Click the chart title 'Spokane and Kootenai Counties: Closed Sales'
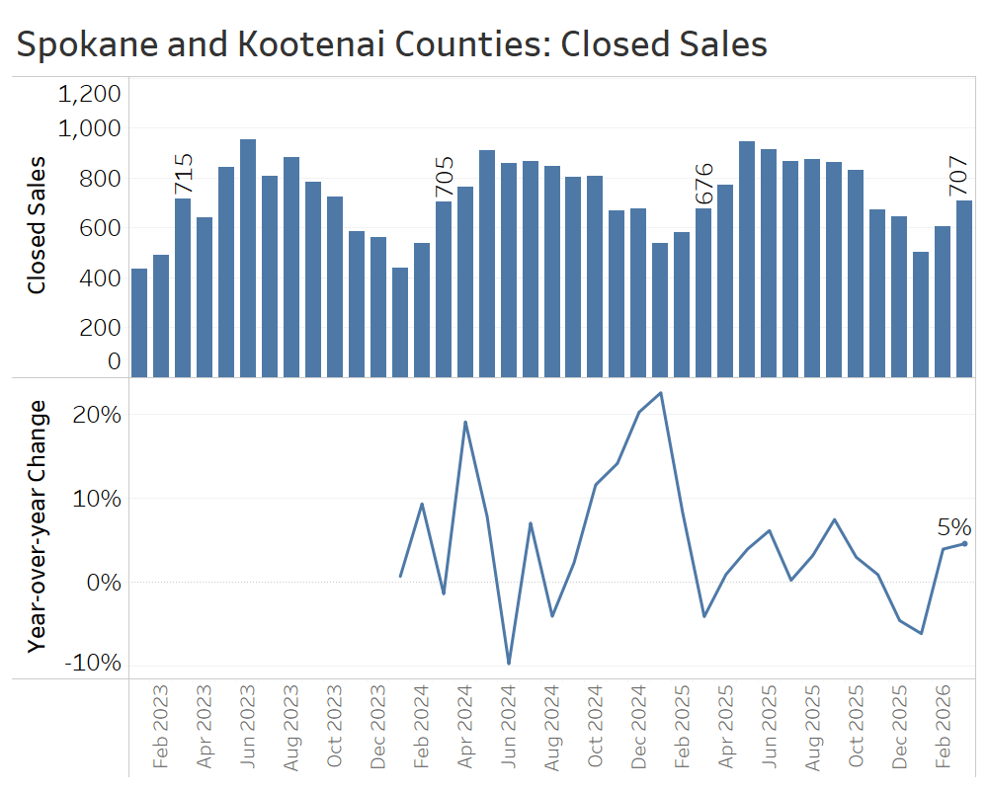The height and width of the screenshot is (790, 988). point(392,44)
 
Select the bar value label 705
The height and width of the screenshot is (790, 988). point(444,177)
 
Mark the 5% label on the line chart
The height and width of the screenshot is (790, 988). point(953,528)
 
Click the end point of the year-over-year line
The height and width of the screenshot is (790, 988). point(964,543)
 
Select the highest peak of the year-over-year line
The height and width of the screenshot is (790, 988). point(660,393)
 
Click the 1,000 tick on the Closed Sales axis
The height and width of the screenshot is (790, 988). point(90,128)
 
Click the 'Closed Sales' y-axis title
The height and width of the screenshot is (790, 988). point(38,225)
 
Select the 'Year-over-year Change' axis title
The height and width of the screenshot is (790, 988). point(39,525)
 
